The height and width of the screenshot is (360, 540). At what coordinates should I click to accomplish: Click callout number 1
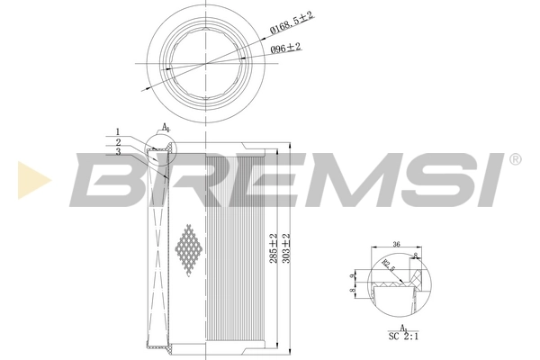(x=117, y=132)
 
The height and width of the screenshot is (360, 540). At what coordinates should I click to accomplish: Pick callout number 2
(x=117, y=141)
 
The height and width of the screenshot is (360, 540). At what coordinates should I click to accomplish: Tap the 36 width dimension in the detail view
(x=395, y=244)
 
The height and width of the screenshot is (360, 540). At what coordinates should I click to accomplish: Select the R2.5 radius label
(x=388, y=265)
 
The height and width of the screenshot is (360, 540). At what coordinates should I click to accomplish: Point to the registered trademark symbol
(x=514, y=159)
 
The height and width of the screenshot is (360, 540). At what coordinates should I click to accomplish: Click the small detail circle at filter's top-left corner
(x=162, y=145)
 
